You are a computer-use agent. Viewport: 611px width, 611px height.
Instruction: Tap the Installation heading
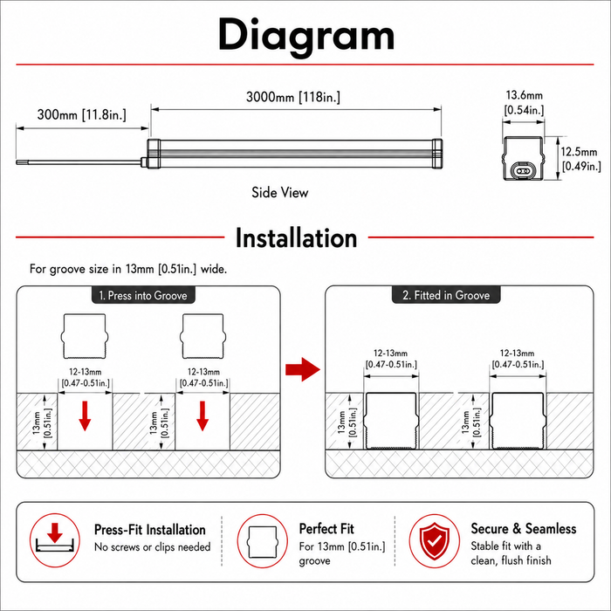pos(296,238)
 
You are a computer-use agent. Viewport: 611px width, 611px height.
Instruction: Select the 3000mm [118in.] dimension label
pos(293,97)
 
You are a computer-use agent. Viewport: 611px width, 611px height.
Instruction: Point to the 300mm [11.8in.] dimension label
pos(82,114)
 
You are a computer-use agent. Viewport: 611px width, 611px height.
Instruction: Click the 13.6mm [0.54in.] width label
pos(524,102)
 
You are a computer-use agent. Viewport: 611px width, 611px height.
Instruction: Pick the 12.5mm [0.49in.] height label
pos(580,159)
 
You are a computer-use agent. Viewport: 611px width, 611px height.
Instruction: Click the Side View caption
pos(280,192)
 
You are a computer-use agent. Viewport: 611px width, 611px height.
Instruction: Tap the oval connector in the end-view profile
pos(524,171)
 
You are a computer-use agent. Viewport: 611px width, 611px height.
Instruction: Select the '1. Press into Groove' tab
pos(143,295)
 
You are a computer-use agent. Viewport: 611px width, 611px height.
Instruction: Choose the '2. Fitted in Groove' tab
pos(446,295)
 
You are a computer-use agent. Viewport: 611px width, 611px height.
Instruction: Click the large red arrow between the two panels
pos(303,369)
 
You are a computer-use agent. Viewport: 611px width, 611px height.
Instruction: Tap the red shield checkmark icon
pos(435,541)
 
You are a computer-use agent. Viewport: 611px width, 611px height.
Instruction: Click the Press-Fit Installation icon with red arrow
pos(55,540)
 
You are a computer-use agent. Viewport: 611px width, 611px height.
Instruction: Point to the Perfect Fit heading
pos(326,529)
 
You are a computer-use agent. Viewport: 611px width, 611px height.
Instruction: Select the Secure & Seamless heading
pos(524,528)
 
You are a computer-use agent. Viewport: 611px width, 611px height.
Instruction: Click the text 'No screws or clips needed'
pos(153,547)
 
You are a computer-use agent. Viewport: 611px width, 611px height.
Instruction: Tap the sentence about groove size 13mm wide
pos(128,269)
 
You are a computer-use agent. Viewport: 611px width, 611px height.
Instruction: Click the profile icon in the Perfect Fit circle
pos(263,542)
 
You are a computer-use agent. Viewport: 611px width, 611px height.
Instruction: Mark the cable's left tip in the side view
pos(17,162)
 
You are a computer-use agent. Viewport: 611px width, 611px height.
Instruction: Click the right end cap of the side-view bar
pos(437,154)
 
